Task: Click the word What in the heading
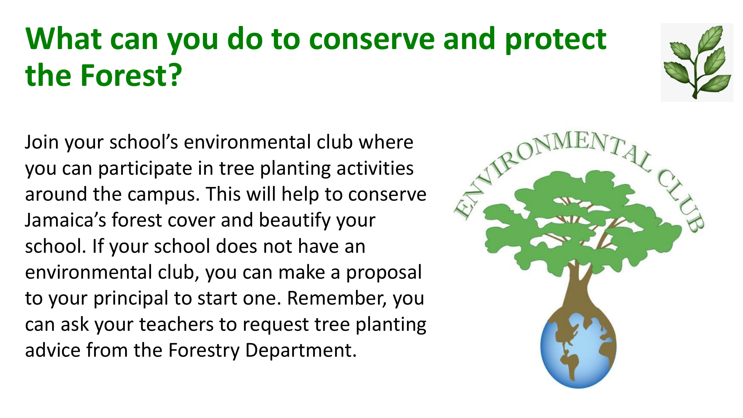pyautogui.click(x=64, y=39)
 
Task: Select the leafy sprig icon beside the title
pyautogui.click(x=697, y=62)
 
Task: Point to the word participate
pyautogui.click(x=145, y=169)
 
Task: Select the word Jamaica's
pyautogui.click(x=66, y=220)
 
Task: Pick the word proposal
pyautogui.click(x=384, y=273)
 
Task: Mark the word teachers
pyautogui.click(x=177, y=324)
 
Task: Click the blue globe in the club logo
pyautogui.click(x=578, y=351)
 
